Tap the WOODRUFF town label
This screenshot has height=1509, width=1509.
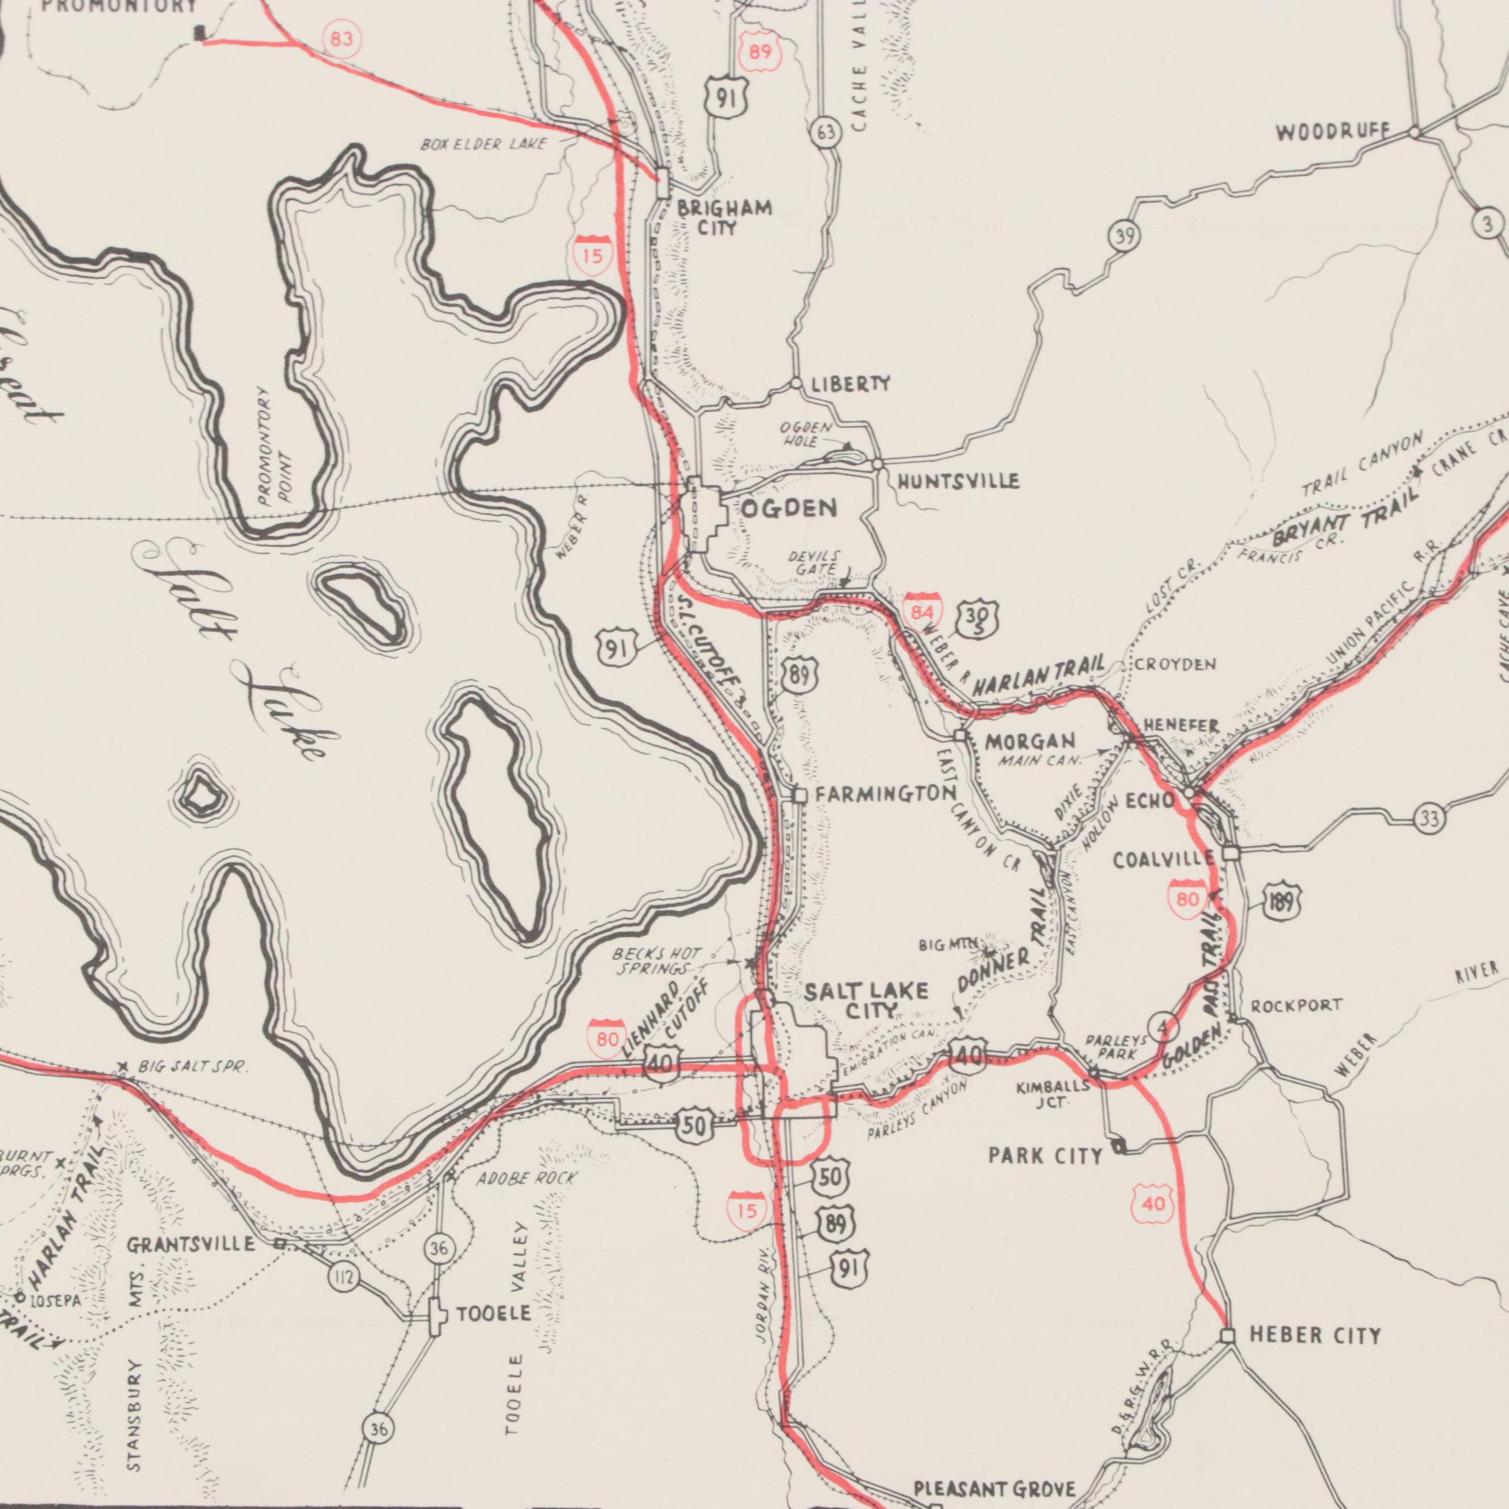pyautogui.click(x=1333, y=133)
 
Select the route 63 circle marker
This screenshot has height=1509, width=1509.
pyautogui.click(x=826, y=134)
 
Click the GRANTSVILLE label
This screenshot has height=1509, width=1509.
pyautogui.click(x=192, y=1244)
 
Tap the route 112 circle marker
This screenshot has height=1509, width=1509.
pyautogui.click(x=343, y=1278)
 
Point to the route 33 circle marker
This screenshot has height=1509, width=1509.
pyautogui.click(x=1429, y=819)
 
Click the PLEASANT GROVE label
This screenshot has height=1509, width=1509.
pyautogui.click(x=994, y=1488)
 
